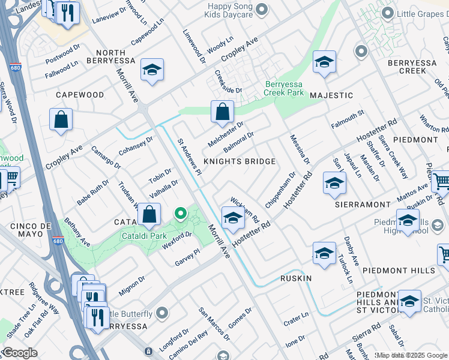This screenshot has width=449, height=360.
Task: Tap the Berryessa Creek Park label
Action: pos(283,89)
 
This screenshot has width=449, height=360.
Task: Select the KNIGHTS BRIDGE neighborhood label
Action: pos(240,161)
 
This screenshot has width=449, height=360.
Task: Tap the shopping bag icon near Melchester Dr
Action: pos(222,111)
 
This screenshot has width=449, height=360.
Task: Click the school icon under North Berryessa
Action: pos(152,70)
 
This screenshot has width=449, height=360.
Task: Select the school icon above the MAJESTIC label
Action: pos(324,62)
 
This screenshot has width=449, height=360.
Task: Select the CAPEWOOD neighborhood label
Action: pos(80,95)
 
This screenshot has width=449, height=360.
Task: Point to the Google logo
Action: pos(20,353)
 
